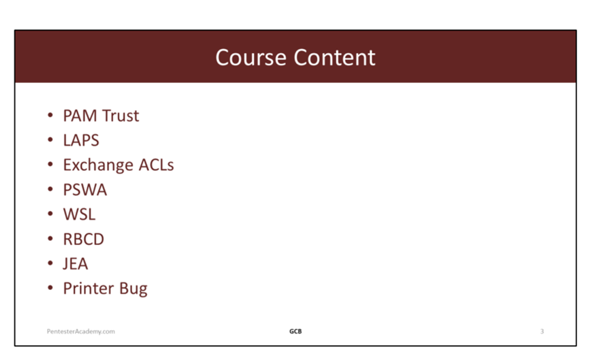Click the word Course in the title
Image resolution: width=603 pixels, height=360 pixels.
click(x=250, y=58)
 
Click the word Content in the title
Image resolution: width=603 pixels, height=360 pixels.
click(x=335, y=58)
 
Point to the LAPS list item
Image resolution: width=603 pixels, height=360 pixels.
click(x=81, y=140)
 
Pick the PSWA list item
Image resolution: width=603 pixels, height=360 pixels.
click(x=85, y=190)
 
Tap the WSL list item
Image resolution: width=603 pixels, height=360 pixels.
click(x=79, y=214)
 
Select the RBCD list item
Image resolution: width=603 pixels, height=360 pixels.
click(x=84, y=240)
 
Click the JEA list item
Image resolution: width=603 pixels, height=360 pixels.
click(x=76, y=264)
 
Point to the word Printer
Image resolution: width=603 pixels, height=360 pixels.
click(x=89, y=289)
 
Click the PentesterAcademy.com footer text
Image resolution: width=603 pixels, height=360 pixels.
click(x=81, y=331)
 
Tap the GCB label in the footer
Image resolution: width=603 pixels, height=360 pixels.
click(x=295, y=331)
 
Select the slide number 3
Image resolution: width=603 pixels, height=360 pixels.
click(x=542, y=331)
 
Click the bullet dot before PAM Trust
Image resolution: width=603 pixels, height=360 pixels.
click(x=50, y=115)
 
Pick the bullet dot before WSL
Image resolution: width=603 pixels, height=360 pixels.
click(x=50, y=214)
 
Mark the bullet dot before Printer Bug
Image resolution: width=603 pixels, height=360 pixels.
click(x=50, y=288)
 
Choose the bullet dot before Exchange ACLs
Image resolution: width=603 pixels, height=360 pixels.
click(x=50, y=164)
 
